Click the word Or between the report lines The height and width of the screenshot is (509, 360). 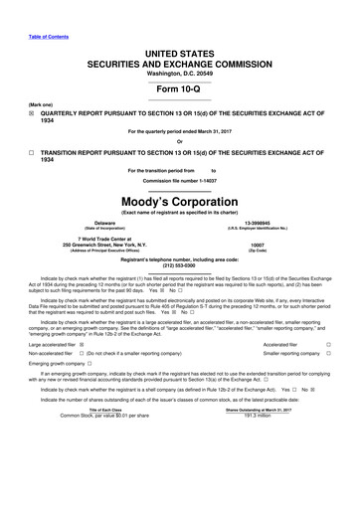[179, 143]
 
